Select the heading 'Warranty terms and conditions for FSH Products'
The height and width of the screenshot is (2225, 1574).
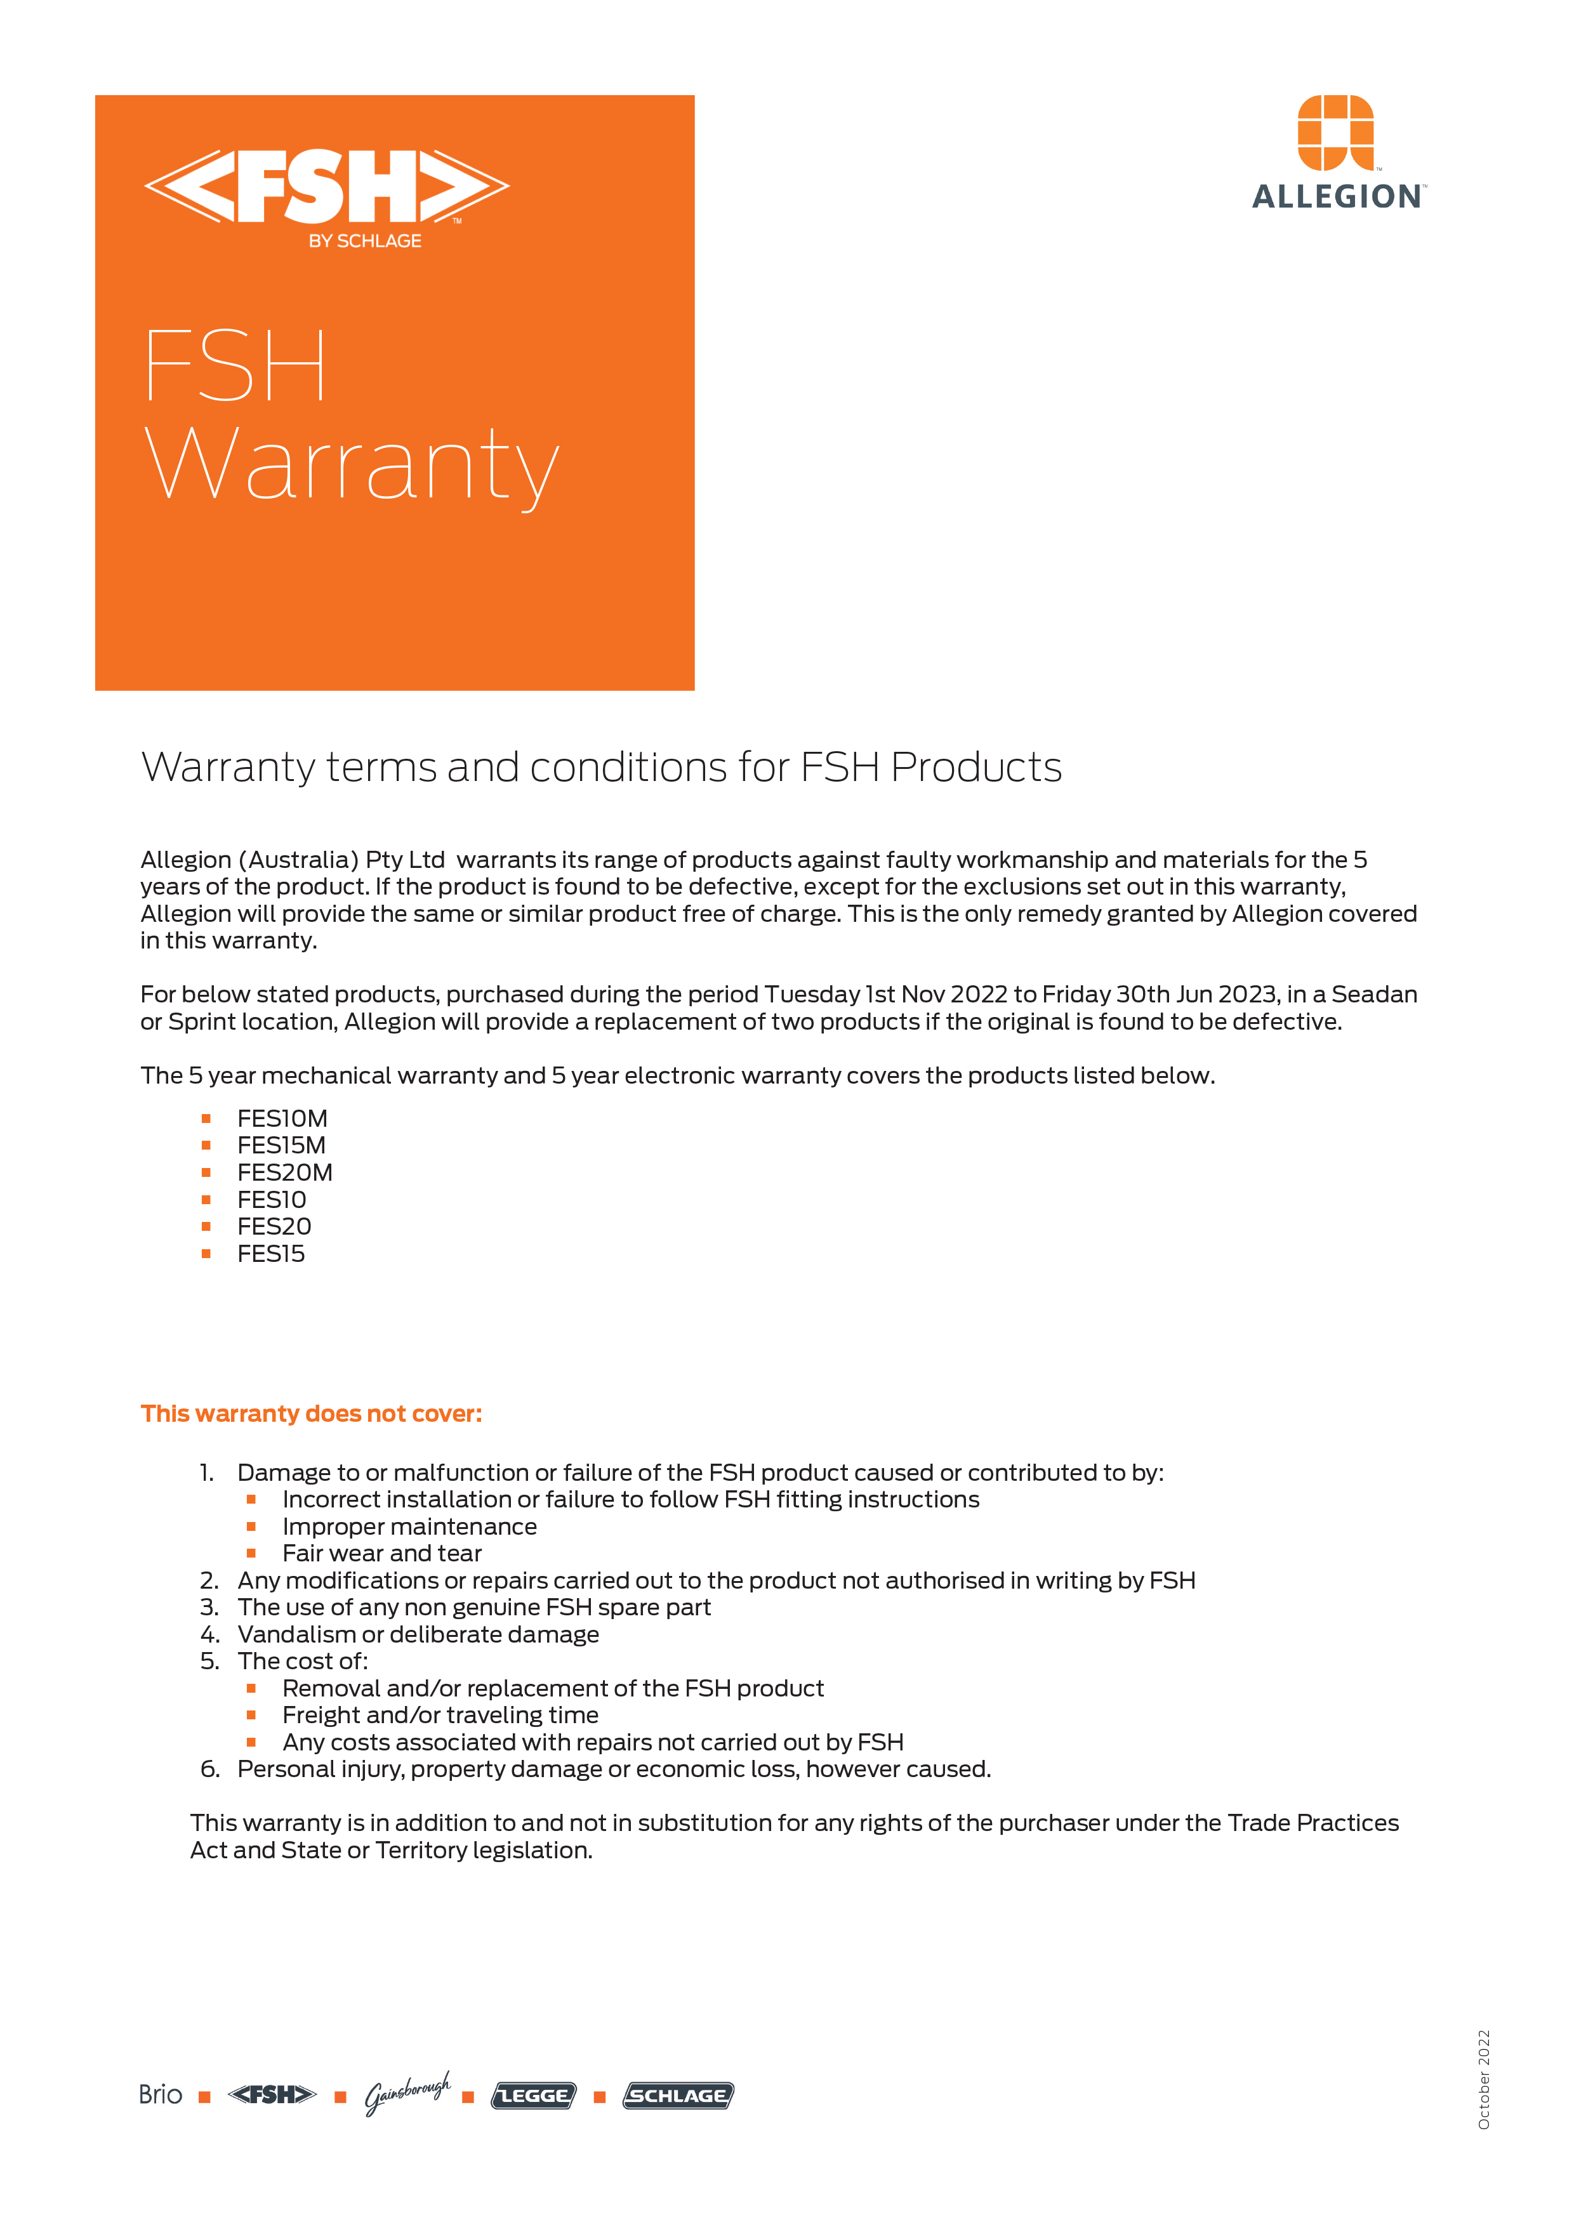[x=601, y=768]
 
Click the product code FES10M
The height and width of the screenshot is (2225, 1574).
[x=282, y=1119]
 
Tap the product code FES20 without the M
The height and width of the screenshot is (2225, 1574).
[x=274, y=1227]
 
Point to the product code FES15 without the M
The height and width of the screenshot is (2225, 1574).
[x=272, y=1254]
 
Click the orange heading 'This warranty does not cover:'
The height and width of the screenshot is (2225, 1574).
[x=311, y=1414]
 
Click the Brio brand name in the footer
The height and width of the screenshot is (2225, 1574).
[x=160, y=2095]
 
